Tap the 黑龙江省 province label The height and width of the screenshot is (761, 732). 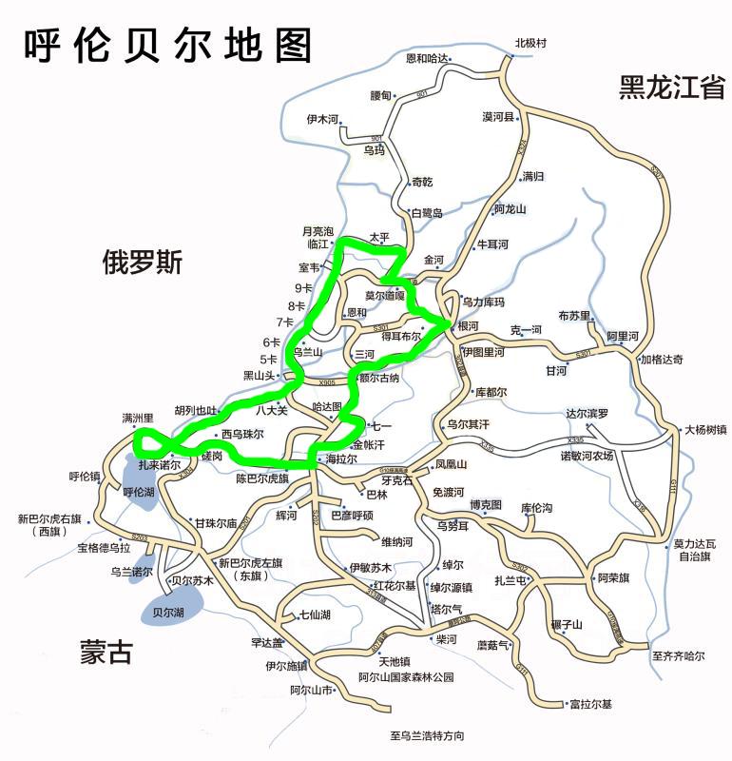tap(672, 88)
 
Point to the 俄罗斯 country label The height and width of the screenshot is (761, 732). tap(143, 263)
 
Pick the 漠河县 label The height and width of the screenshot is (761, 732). tap(498, 117)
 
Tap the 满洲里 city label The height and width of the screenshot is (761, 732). tap(138, 418)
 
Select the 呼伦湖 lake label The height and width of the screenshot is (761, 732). tap(139, 492)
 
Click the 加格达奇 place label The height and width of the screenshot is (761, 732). tap(661, 360)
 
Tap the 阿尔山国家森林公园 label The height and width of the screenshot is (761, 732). tap(406, 677)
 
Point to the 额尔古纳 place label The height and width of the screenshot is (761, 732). tap(379, 378)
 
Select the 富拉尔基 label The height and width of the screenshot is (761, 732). tap(590, 705)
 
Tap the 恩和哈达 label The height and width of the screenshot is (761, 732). tap(427, 59)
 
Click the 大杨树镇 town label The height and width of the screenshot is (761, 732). tap(705, 430)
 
